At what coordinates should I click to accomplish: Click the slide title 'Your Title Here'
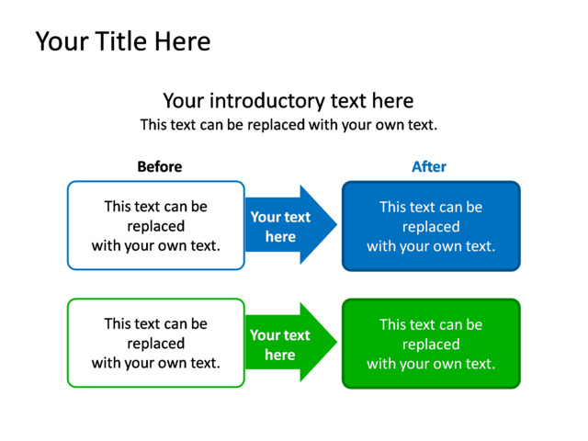pos(122,41)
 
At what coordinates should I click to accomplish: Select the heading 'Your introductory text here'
pos(288,100)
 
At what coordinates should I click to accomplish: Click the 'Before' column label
pos(159,166)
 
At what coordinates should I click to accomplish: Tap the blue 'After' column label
pos(428,166)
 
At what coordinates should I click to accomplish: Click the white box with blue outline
pos(155,226)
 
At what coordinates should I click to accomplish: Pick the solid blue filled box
pos(431,226)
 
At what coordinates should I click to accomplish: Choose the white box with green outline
pos(155,344)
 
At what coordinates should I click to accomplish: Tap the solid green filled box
pos(431,344)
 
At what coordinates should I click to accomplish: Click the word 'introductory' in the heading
pos(267,100)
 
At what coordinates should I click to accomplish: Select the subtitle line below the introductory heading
pos(288,124)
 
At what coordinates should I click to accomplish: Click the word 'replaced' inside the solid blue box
pos(431,227)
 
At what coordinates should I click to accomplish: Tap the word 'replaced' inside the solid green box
pos(431,345)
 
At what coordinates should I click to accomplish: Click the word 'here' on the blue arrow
pos(280,237)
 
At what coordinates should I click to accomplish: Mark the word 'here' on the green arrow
pos(280,355)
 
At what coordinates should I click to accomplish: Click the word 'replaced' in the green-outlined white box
pos(155,344)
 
